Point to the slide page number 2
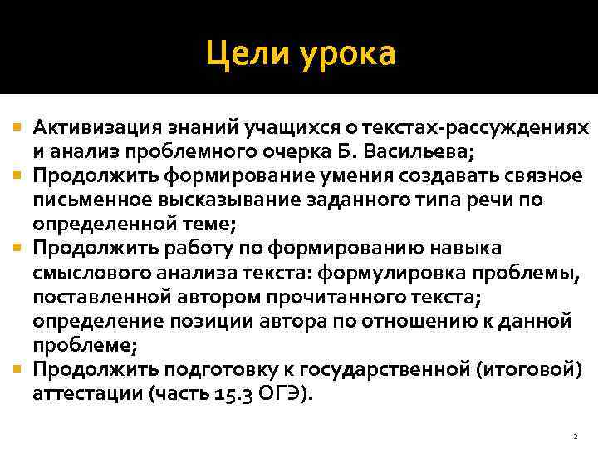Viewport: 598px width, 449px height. (575, 436)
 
